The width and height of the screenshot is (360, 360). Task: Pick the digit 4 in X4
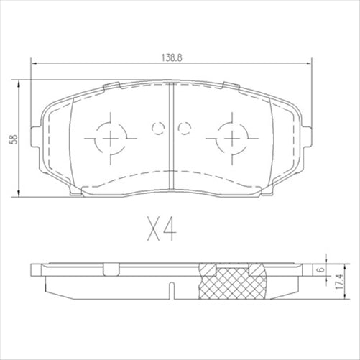point(170,231)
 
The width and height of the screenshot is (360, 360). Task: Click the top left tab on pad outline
point(113,87)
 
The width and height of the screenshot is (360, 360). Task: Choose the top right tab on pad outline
point(229,87)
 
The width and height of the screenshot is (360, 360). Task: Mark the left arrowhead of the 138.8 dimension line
point(32,65)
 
